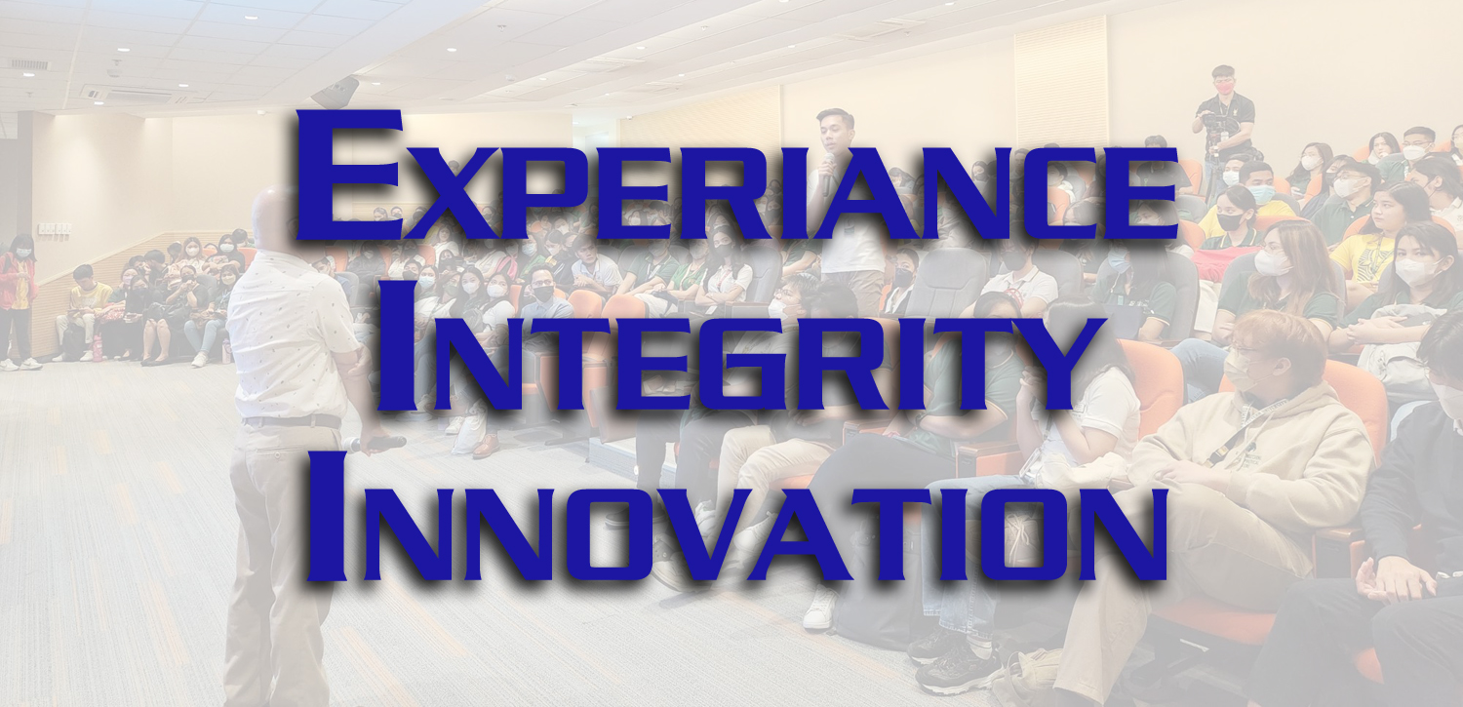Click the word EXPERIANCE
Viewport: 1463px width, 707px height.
coord(736,175)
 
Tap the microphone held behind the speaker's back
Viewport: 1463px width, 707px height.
coord(374,444)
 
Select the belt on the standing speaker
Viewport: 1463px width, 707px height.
coord(292,421)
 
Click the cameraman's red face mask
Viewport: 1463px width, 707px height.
coord(1223,87)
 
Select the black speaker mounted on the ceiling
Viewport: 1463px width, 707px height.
coord(336,92)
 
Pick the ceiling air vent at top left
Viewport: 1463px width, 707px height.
coord(28,64)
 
